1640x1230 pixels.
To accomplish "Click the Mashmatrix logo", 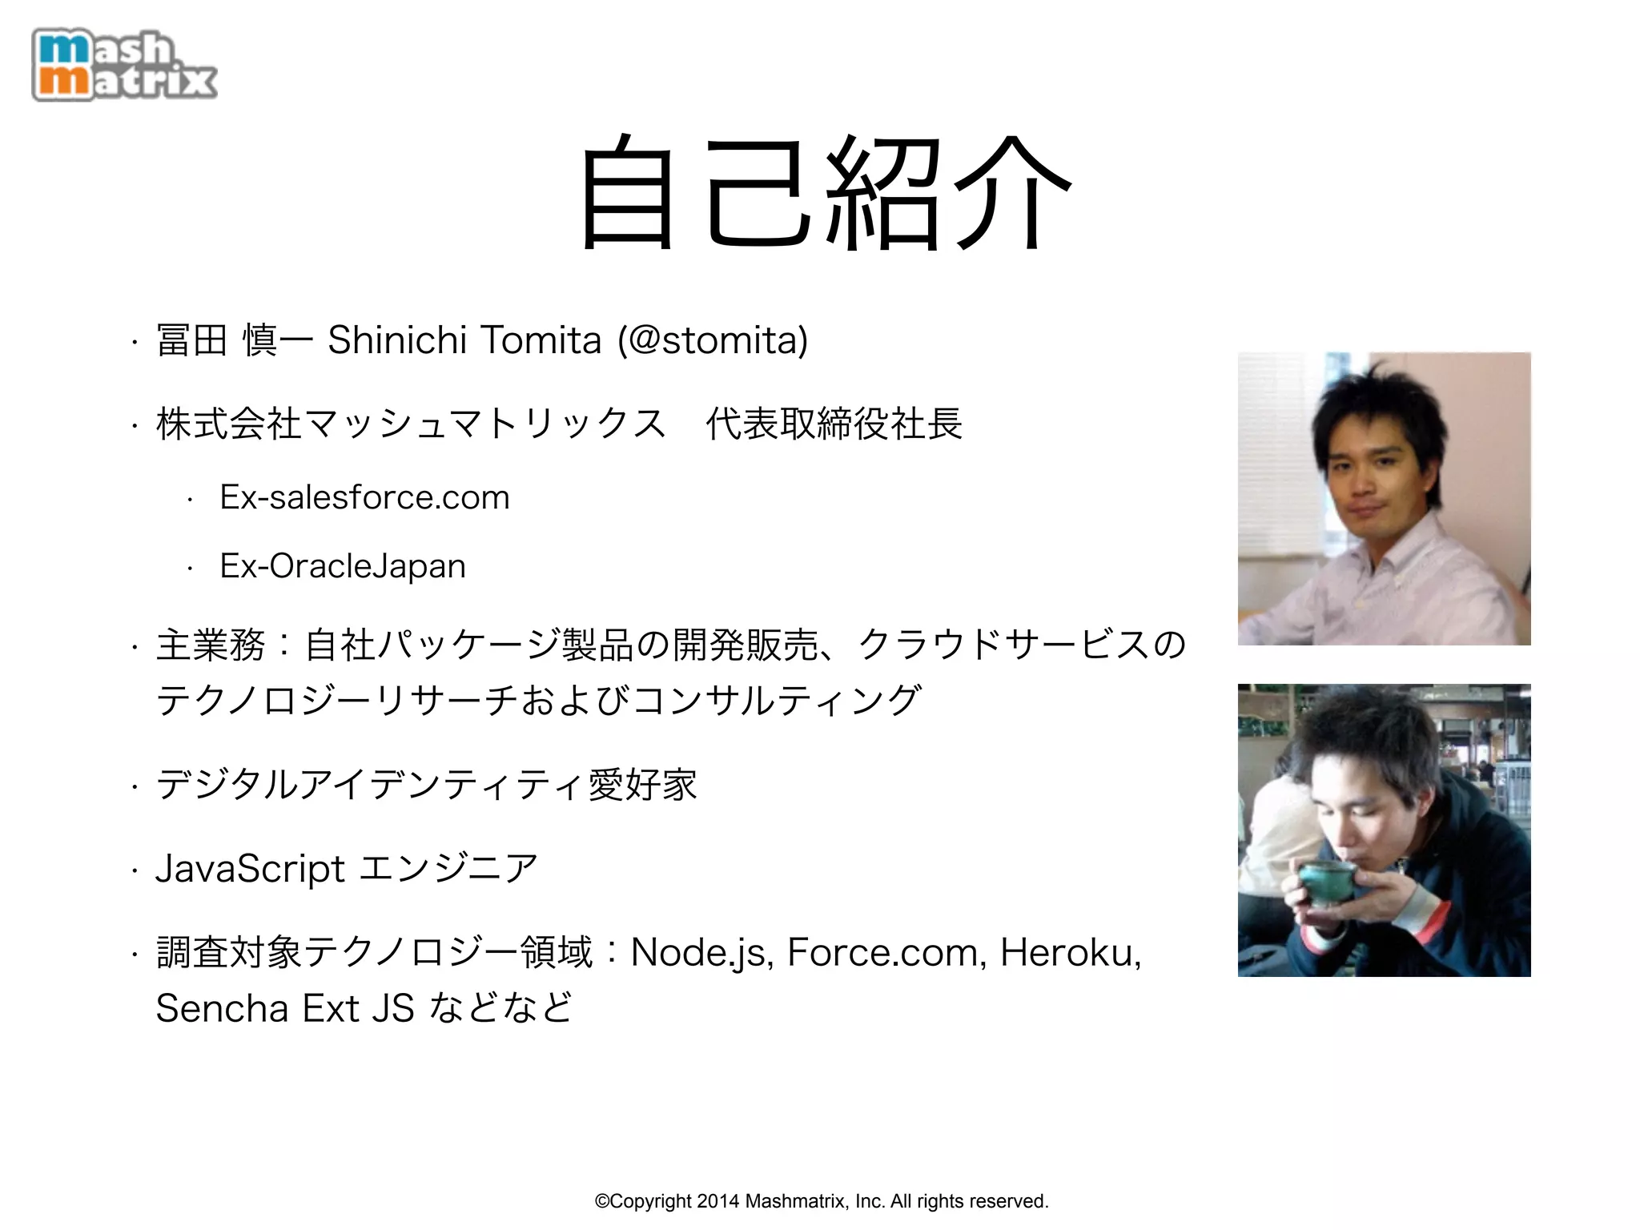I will pyautogui.click(x=124, y=66).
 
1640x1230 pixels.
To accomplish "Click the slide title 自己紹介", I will pyautogui.click(x=825, y=192).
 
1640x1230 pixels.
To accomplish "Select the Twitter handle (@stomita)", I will pyautogui.click(x=713, y=340).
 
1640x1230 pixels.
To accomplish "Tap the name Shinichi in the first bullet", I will pyautogui.click(x=397, y=340).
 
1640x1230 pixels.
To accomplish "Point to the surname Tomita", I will pyautogui.click(x=541, y=340).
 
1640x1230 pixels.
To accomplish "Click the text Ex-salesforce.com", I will pyautogui.click(x=364, y=497).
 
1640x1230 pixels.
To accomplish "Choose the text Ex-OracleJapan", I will pyautogui.click(x=343, y=566).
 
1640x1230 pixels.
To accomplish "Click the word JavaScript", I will pyautogui.click(x=250, y=869).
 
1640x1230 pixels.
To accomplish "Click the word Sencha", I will pyautogui.click(x=222, y=1008).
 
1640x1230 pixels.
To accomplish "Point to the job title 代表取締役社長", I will pyautogui.click(x=834, y=424).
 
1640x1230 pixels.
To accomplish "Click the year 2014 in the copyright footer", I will pyautogui.click(x=718, y=1201).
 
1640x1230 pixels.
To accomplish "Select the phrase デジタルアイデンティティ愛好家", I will pyautogui.click(x=426, y=785).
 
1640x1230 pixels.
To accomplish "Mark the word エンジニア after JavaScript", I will pyautogui.click(x=449, y=869).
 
